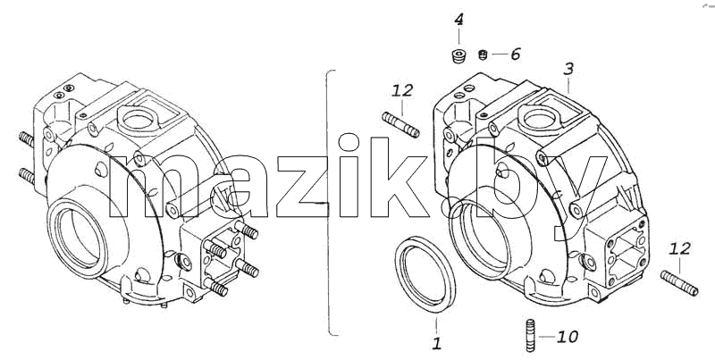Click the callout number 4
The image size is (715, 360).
coord(458,20)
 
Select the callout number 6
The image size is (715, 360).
coord(516,54)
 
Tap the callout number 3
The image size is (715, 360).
coord(568,70)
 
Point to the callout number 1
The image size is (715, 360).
coord(436,344)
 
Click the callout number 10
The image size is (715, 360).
coord(568,337)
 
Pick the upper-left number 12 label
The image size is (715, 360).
coord(401,90)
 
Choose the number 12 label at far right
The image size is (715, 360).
coord(679,249)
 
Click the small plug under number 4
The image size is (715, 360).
coord(458,56)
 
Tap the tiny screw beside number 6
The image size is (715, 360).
coord(484,55)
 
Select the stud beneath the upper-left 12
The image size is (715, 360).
coord(400,124)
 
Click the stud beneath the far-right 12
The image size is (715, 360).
coord(679,283)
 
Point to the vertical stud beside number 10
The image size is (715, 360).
coord(530,336)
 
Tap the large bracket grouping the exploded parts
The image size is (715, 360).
coord(329,203)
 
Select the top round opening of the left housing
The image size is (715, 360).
coord(139,120)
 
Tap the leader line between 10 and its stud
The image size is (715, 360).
coord(547,337)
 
